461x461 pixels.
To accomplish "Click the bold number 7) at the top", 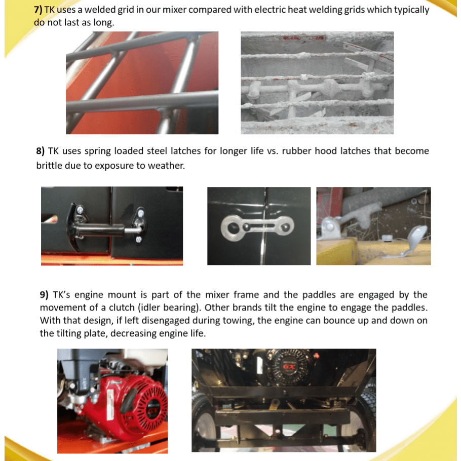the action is pyautogui.click(x=38, y=10).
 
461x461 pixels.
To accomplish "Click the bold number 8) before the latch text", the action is pyautogui.click(x=41, y=151).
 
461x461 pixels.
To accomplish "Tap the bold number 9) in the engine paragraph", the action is pyautogui.click(x=44, y=295).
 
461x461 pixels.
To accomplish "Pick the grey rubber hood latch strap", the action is pyautogui.click(x=257, y=228).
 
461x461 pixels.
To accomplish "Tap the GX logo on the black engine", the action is pyautogui.click(x=288, y=366).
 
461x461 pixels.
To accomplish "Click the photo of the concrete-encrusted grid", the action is pyautogui.click(x=317, y=83).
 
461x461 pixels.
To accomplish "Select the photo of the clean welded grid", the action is pyautogui.click(x=142, y=83).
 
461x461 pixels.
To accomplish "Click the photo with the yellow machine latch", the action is pyautogui.click(x=374, y=226).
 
